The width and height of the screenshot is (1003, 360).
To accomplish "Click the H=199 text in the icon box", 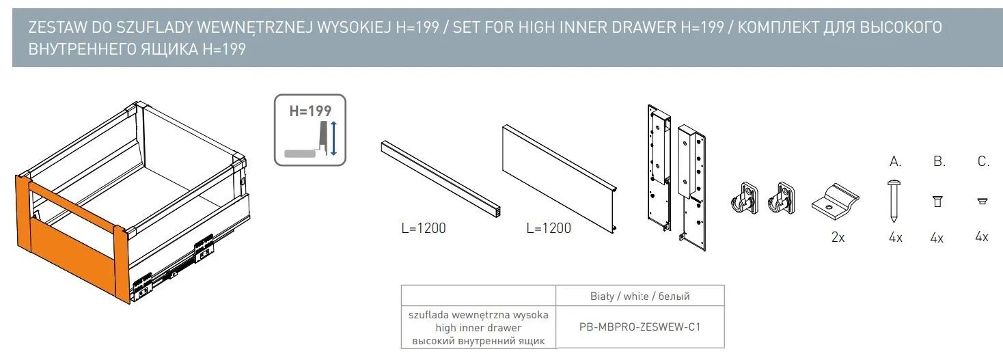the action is (x=310, y=111).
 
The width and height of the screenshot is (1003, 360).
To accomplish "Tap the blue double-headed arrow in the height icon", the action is (x=333, y=139).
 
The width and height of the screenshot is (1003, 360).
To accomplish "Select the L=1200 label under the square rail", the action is (x=423, y=228).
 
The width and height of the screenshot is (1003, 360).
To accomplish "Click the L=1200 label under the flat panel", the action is (x=549, y=228).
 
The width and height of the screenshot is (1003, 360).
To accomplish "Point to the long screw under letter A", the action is (x=894, y=201).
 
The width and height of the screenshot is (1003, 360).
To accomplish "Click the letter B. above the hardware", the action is (x=939, y=161).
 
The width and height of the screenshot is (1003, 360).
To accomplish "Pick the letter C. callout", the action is (x=983, y=161).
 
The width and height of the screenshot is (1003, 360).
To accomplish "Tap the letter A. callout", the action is (x=895, y=161).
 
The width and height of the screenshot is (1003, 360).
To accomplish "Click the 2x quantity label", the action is (x=838, y=237).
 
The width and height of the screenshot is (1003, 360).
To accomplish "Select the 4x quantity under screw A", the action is (x=896, y=237).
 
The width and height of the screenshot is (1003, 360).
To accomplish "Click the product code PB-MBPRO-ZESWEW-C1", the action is (x=640, y=327).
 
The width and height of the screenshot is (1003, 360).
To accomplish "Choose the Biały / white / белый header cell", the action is (x=640, y=296).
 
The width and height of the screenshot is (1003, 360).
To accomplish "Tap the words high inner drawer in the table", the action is (x=478, y=328).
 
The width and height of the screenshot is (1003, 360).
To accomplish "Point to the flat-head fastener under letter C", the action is (x=983, y=201).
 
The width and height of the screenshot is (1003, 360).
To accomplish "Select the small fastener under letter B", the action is (x=937, y=201).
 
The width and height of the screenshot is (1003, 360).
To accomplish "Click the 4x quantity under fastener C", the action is (x=982, y=236).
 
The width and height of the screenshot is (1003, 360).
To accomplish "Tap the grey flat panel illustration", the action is (x=560, y=179).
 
